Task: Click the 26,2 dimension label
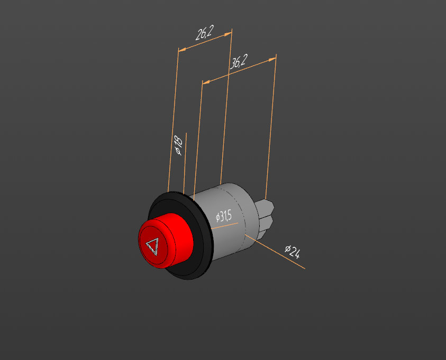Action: tap(204, 33)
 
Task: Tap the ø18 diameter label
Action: tap(178, 145)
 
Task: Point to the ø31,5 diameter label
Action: tap(224, 217)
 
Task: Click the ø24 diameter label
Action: tap(293, 252)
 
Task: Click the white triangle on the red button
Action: tap(152, 246)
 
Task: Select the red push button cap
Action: tap(166, 241)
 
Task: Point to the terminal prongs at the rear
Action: tap(265, 217)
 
